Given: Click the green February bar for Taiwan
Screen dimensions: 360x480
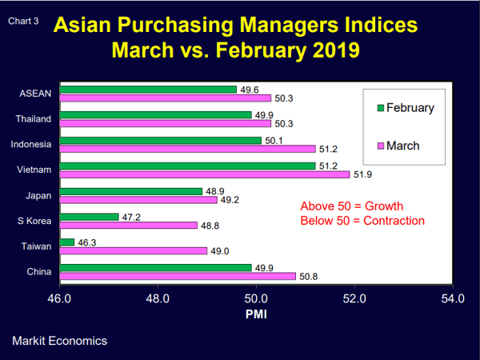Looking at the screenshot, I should (x=67, y=242).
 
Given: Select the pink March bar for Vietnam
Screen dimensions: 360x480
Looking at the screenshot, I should (x=205, y=174).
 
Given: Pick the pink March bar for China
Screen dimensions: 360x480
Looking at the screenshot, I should (x=178, y=276).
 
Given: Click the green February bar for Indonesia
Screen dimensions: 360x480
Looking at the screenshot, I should (x=161, y=140).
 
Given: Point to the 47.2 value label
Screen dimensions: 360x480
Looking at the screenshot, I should (x=130, y=217).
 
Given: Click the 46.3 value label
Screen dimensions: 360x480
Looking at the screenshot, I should (x=86, y=242).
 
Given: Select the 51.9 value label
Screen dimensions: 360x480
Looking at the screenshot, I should (x=362, y=174).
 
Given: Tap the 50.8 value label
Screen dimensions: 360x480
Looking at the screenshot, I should (x=308, y=277).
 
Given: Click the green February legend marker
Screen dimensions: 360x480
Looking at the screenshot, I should (x=382, y=108).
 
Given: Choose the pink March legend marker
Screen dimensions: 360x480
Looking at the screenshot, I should (x=382, y=146).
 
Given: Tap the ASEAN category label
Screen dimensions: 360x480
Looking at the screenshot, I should (x=35, y=94).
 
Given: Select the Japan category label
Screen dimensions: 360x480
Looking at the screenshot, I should (x=39, y=195).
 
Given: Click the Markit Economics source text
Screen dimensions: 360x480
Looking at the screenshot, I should (x=59, y=341).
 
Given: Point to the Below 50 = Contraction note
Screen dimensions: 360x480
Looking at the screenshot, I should (x=362, y=221).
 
